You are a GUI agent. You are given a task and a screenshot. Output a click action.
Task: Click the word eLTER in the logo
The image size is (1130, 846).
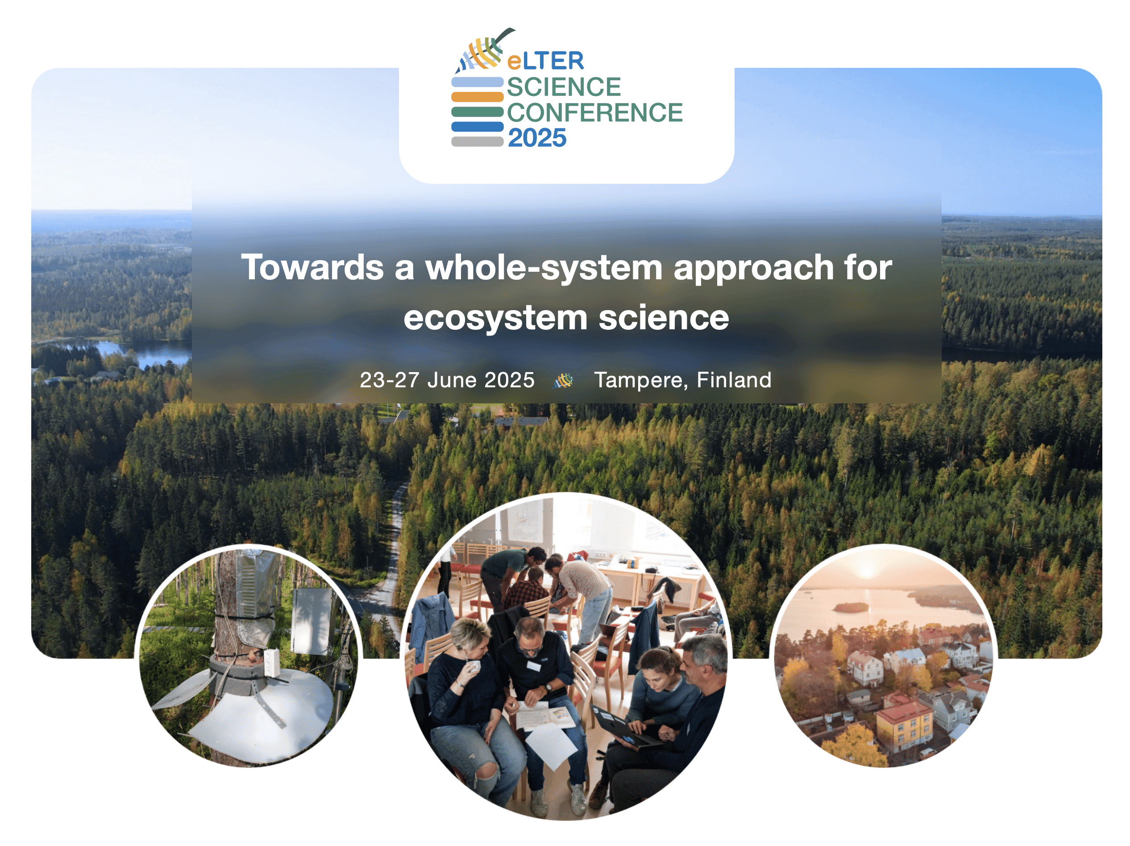tap(545, 61)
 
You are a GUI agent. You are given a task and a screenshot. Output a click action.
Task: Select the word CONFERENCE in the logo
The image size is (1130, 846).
tap(594, 112)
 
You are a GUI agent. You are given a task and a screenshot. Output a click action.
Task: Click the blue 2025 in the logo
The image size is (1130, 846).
tap(537, 138)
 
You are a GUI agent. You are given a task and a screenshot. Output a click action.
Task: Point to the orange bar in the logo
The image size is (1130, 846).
tap(477, 96)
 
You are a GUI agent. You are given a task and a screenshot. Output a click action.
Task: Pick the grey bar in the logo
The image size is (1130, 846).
tap(477, 141)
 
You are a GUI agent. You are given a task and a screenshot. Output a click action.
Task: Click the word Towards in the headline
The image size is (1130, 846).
tap(312, 267)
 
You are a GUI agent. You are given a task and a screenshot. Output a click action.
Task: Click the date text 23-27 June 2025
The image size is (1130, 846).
tap(447, 380)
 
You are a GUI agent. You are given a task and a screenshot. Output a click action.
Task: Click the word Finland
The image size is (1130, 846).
tap(734, 380)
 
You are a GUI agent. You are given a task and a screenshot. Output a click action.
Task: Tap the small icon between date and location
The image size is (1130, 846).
tap(564, 380)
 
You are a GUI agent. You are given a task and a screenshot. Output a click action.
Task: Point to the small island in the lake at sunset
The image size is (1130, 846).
tap(850, 607)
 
